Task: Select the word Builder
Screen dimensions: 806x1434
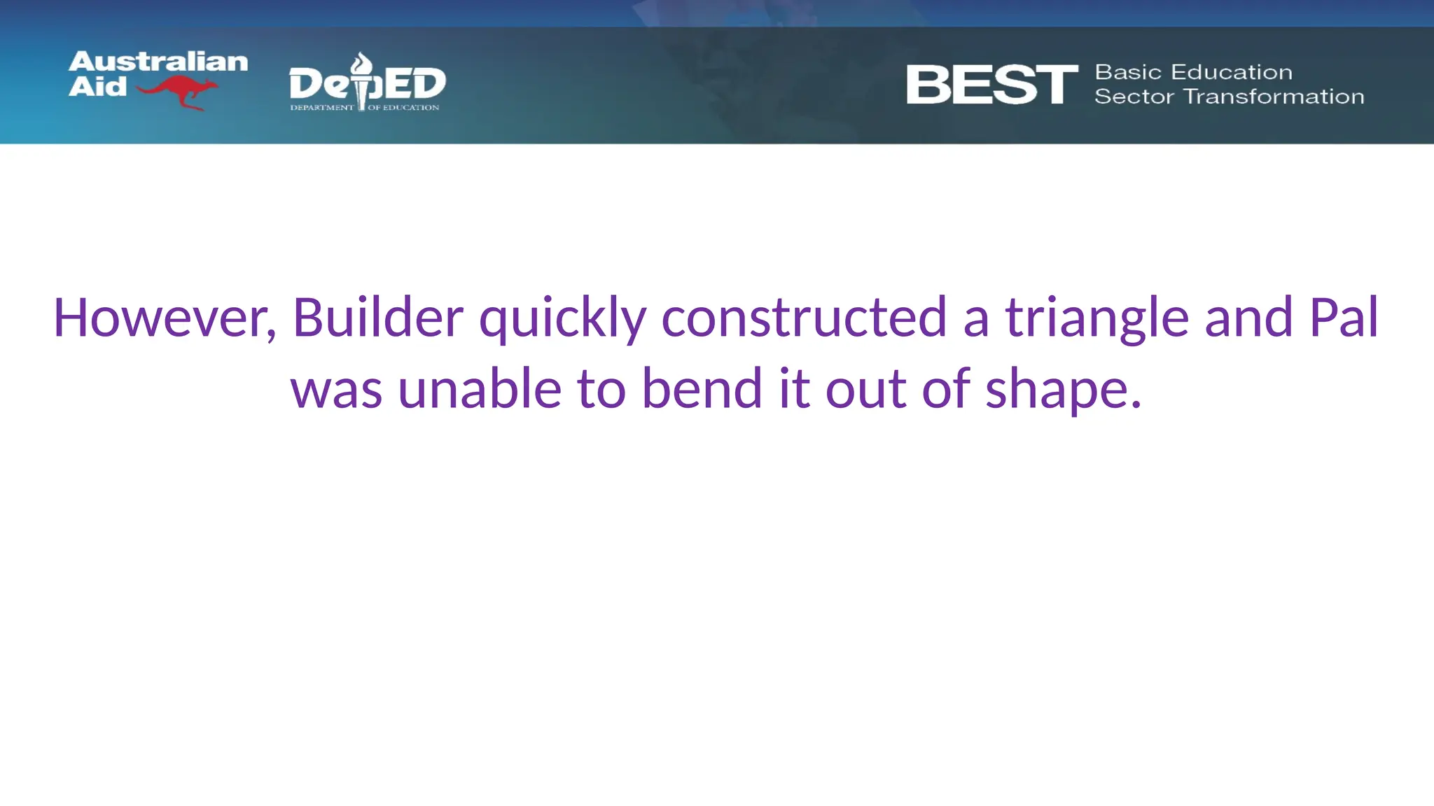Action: [377, 318]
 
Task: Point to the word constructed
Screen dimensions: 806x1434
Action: [804, 318]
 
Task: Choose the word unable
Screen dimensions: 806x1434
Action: [480, 389]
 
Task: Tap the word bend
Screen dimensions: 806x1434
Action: [702, 389]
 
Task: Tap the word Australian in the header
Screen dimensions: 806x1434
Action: [158, 62]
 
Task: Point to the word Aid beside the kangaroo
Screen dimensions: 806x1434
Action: [97, 87]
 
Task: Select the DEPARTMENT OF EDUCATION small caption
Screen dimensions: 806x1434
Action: [365, 108]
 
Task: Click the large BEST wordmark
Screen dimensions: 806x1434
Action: [991, 85]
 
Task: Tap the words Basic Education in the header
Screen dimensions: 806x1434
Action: [1193, 72]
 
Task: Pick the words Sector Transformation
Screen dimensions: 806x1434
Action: [1229, 97]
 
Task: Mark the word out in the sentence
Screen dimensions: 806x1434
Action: [865, 389]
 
